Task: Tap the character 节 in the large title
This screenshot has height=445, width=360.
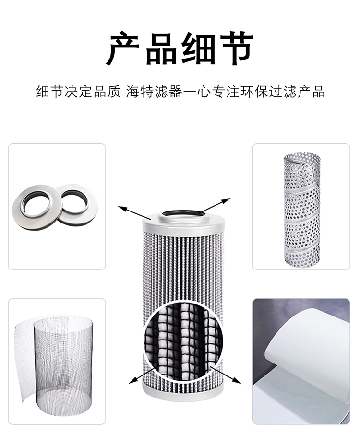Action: click(x=235, y=48)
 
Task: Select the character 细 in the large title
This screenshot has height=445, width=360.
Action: click(x=198, y=48)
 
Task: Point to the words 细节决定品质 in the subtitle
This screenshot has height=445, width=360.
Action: click(x=79, y=92)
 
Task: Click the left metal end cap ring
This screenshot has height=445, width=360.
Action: click(x=36, y=210)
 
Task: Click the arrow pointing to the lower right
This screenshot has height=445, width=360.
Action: click(x=225, y=375)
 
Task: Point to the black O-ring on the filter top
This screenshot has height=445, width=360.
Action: click(x=183, y=212)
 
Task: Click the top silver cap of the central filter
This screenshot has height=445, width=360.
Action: click(x=183, y=223)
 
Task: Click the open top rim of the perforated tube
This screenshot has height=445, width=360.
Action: click(x=302, y=157)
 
